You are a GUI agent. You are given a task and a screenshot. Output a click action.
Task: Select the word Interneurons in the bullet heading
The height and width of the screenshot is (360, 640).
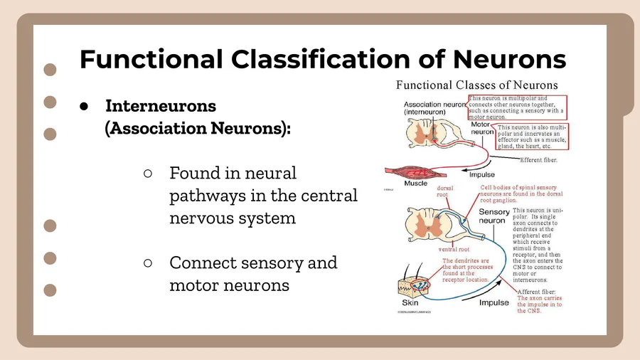click(161, 106)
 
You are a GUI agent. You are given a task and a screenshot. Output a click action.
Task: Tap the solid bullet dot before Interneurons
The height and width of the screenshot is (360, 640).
click(84, 106)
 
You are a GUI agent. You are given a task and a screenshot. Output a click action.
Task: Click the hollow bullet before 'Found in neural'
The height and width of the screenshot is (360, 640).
click(148, 173)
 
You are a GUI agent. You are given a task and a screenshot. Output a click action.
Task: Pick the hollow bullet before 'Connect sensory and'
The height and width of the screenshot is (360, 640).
click(148, 263)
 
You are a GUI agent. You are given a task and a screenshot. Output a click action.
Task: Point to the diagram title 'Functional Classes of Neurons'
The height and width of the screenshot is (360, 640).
click(476, 85)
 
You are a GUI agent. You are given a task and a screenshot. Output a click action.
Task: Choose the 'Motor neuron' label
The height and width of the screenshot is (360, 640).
click(484, 128)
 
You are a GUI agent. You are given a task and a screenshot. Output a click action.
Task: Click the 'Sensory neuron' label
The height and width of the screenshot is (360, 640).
click(494, 216)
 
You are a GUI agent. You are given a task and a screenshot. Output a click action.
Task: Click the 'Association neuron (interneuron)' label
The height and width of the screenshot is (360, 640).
click(434, 108)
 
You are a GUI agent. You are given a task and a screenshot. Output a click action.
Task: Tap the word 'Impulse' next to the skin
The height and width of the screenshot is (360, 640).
click(494, 302)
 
